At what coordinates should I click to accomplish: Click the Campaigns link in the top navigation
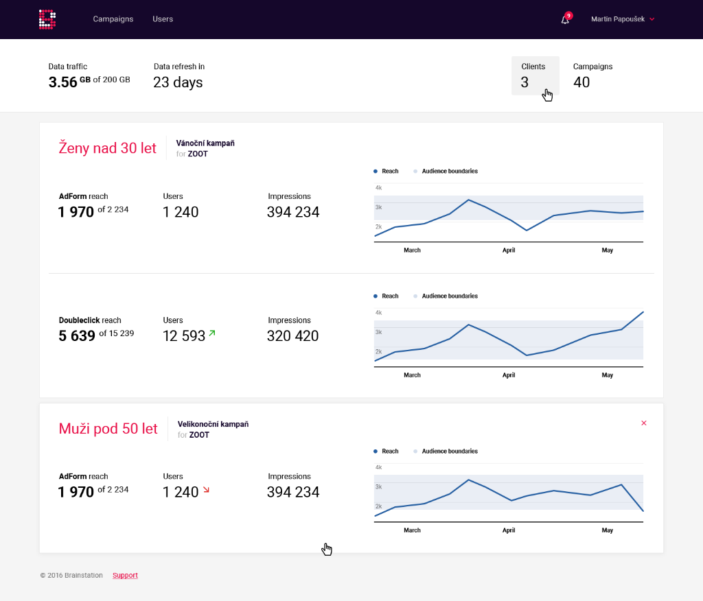click(x=113, y=19)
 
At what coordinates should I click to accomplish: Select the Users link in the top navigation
click(x=163, y=19)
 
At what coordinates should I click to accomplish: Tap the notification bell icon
click(x=565, y=20)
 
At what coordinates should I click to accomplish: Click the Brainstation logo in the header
click(x=47, y=19)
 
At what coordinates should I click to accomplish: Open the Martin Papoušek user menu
click(x=623, y=19)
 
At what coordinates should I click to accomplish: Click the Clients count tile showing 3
click(x=535, y=75)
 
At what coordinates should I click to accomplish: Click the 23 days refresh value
click(x=178, y=82)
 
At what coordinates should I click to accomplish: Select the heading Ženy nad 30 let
click(x=108, y=148)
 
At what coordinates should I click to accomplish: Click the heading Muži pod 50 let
click(x=108, y=429)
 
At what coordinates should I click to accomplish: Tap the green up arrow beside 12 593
click(x=212, y=333)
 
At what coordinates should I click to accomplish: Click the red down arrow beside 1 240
click(x=206, y=490)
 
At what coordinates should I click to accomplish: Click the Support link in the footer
click(x=125, y=576)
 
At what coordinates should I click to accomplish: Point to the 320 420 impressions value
click(x=292, y=336)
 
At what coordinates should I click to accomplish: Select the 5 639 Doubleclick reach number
click(x=77, y=336)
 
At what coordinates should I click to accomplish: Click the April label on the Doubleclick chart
click(x=509, y=375)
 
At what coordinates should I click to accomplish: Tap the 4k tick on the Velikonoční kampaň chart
click(x=378, y=467)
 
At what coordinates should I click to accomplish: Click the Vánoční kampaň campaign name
click(x=205, y=143)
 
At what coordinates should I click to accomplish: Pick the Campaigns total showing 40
click(x=581, y=82)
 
